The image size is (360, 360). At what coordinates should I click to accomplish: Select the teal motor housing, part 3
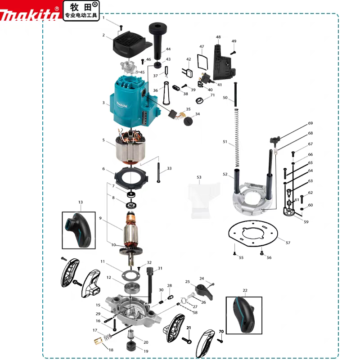[x=134, y=101]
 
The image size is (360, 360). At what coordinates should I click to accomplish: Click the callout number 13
[x=81, y=202]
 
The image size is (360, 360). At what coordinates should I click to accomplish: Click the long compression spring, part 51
[x=237, y=138]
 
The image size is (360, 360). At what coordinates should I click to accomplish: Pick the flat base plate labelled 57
[x=253, y=234]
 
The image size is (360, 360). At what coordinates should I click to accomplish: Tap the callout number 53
[x=199, y=177]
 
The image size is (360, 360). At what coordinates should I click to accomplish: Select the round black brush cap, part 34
[x=188, y=121]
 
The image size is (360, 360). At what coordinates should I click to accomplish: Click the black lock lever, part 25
[x=204, y=291]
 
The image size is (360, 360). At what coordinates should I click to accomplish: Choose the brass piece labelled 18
[x=98, y=341]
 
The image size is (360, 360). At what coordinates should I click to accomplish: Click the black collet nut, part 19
[x=131, y=346]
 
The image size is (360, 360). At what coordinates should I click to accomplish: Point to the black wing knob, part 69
[x=275, y=139]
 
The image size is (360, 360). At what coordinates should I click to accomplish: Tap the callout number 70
[x=221, y=331]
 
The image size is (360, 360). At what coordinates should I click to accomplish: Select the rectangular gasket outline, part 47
[x=202, y=62]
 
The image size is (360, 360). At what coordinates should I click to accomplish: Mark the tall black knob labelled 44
[x=158, y=41]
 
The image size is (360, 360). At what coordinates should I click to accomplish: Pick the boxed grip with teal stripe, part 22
[x=244, y=315]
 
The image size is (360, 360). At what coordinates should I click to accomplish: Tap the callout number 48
[x=218, y=37]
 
